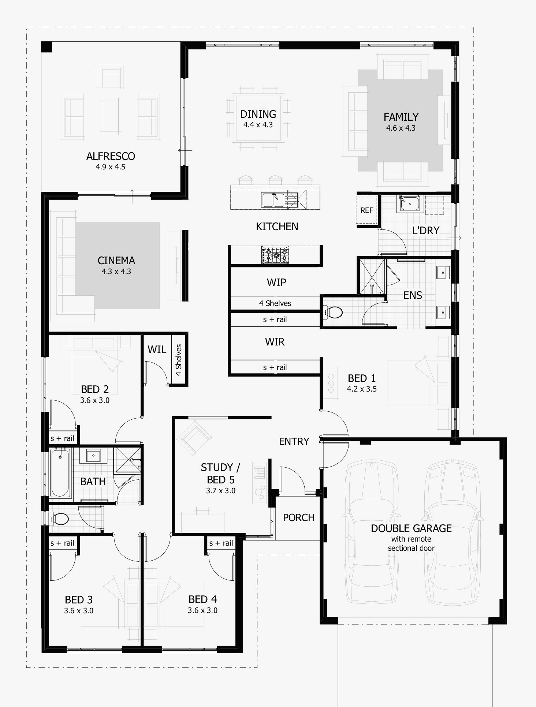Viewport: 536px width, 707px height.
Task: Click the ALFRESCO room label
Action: click(x=111, y=156)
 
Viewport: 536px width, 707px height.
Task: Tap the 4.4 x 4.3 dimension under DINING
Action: click(x=258, y=125)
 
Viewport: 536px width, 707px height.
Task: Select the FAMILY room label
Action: click(x=401, y=117)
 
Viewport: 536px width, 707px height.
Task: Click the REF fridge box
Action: click(x=367, y=210)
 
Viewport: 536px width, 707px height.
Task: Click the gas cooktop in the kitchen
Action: click(x=275, y=255)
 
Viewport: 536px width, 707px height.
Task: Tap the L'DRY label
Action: click(x=425, y=231)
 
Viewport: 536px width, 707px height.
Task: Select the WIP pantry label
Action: click(x=276, y=283)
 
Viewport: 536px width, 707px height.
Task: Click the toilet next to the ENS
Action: click(x=334, y=313)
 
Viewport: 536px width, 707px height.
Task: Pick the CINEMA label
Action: click(x=116, y=261)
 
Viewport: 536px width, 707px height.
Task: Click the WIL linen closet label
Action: click(x=157, y=349)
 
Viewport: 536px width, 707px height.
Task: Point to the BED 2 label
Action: click(x=95, y=389)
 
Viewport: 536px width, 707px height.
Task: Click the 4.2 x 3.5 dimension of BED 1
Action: click(x=362, y=389)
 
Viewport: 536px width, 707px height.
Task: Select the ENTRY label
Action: click(x=294, y=442)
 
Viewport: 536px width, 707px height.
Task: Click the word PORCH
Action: click(x=299, y=518)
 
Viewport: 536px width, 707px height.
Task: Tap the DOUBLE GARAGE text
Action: click(x=411, y=528)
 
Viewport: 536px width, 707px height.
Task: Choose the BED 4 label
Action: click(x=203, y=599)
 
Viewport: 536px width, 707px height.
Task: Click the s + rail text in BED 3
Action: click(x=62, y=543)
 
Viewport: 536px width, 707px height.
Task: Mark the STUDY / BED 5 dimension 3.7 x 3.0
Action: click(x=221, y=491)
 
